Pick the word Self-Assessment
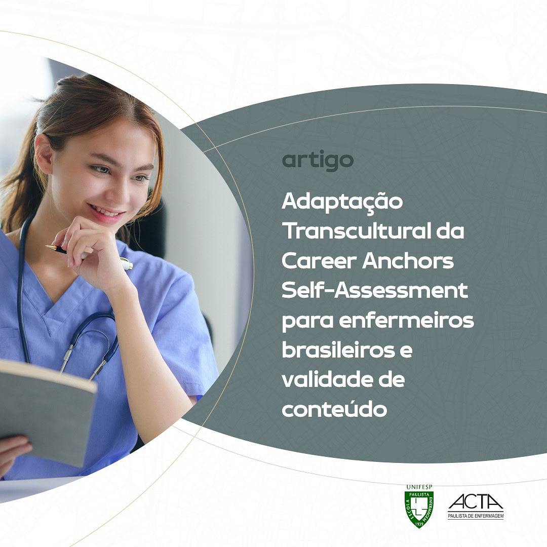(375, 292)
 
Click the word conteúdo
(334, 410)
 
